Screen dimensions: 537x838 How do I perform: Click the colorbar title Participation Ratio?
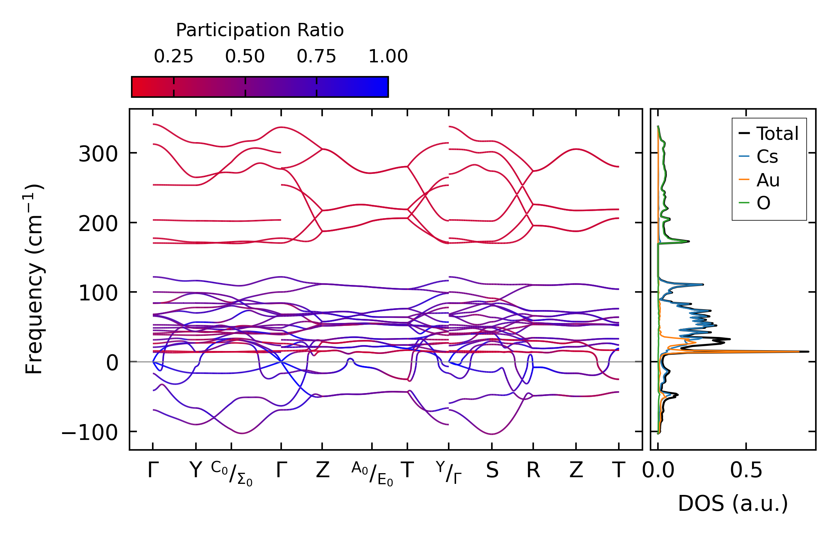(x=260, y=30)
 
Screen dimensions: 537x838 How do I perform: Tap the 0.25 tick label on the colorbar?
(x=173, y=56)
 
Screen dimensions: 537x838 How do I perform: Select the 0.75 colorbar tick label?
(x=317, y=56)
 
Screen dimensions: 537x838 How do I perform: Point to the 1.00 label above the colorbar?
(x=388, y=56)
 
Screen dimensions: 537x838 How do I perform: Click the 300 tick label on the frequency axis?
(x=98, y=154)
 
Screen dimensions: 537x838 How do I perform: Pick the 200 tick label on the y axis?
(x=98, y=223)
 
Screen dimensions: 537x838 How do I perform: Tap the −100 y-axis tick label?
(x=90, y=432)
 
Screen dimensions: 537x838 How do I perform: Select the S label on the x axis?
(x=492, y=471)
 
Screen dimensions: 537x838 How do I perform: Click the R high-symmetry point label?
(x=533, y=471)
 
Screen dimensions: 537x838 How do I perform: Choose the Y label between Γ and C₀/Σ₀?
(x=196, y=471)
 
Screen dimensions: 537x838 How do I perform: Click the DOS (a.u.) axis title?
(x=733, y=503)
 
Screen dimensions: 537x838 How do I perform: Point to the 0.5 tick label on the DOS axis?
(x=746, y=471)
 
